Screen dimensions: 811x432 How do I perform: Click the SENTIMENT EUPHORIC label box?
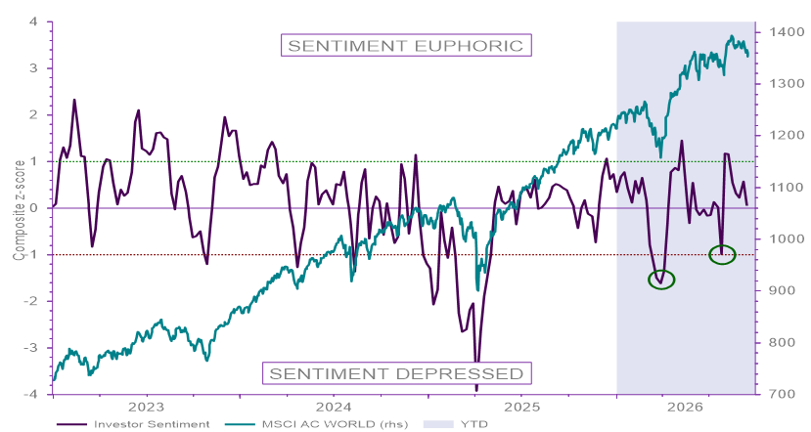click(x=406, y=46)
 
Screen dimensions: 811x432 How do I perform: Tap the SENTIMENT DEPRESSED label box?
click(x=397, y=373)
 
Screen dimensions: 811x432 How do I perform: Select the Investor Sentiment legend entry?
click(x=133, y=424)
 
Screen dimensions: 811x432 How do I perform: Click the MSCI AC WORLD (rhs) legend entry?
click(x=317, y=424)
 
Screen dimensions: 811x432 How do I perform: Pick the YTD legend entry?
click(x=456, y=424)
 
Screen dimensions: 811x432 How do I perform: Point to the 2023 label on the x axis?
click(x=147, y=407)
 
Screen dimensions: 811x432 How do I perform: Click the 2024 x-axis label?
click(x=334, y=407)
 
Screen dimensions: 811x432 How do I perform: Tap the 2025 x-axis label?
click(x=521, y=407)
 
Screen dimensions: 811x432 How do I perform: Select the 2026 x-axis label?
click(x=686, y=407)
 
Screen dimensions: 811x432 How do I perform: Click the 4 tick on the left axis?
click(x=33, y=22)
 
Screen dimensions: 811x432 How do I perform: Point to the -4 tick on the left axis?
click(x=30, y=394)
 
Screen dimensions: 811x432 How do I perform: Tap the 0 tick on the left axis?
click(x=33, y=208)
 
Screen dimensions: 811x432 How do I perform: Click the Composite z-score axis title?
click(x=19, y=210)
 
